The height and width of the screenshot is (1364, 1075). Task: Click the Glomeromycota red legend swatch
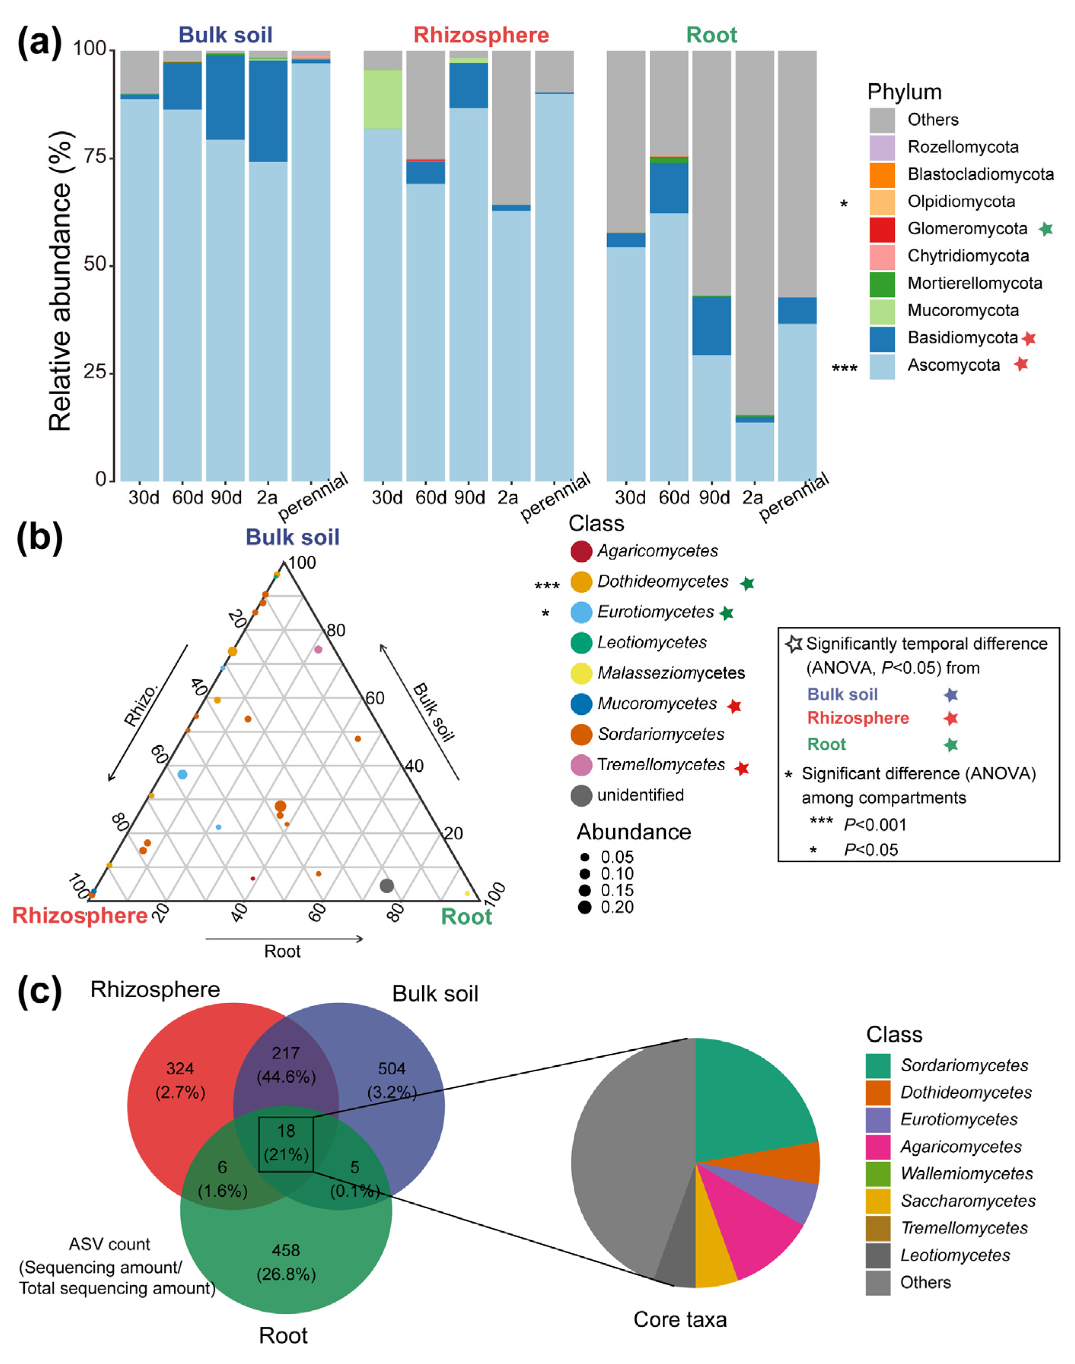coord(882,229)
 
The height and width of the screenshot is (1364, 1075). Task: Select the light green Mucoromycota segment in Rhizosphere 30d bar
coord(383,99)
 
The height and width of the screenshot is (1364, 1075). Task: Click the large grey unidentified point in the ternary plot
coord(387,885)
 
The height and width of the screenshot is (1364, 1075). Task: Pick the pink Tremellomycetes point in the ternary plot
coord(318,649)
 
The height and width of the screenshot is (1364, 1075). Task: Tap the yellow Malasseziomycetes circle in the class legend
coord(581,673)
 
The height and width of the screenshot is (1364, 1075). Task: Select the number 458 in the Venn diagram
coord(286,1250)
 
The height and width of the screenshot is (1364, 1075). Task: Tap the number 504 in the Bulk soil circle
coord(391,1069)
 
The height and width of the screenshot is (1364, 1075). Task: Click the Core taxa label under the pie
coord(680,1319)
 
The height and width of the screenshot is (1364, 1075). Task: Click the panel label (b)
coord(39,539)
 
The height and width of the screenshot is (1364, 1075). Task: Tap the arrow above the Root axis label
coord(285,939)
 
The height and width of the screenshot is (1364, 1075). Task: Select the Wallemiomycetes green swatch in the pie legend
coord(878,1174)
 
